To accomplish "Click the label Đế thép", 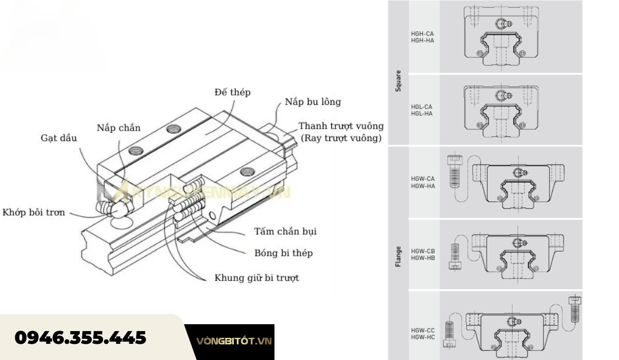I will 232,93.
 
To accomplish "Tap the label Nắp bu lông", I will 313,102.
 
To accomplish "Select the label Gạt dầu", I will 58,138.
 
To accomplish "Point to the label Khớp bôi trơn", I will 33,213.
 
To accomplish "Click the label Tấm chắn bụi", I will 285,231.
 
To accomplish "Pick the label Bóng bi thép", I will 283,253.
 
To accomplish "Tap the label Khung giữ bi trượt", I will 256,278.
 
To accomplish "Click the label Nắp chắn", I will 119,128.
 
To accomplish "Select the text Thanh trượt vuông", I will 341,126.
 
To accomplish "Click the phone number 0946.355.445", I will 80,337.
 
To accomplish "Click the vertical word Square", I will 398,81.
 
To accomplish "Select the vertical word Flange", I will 398,256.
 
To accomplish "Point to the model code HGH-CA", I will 422,34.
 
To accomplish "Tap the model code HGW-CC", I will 422,331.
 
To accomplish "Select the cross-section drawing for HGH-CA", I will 501,37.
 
